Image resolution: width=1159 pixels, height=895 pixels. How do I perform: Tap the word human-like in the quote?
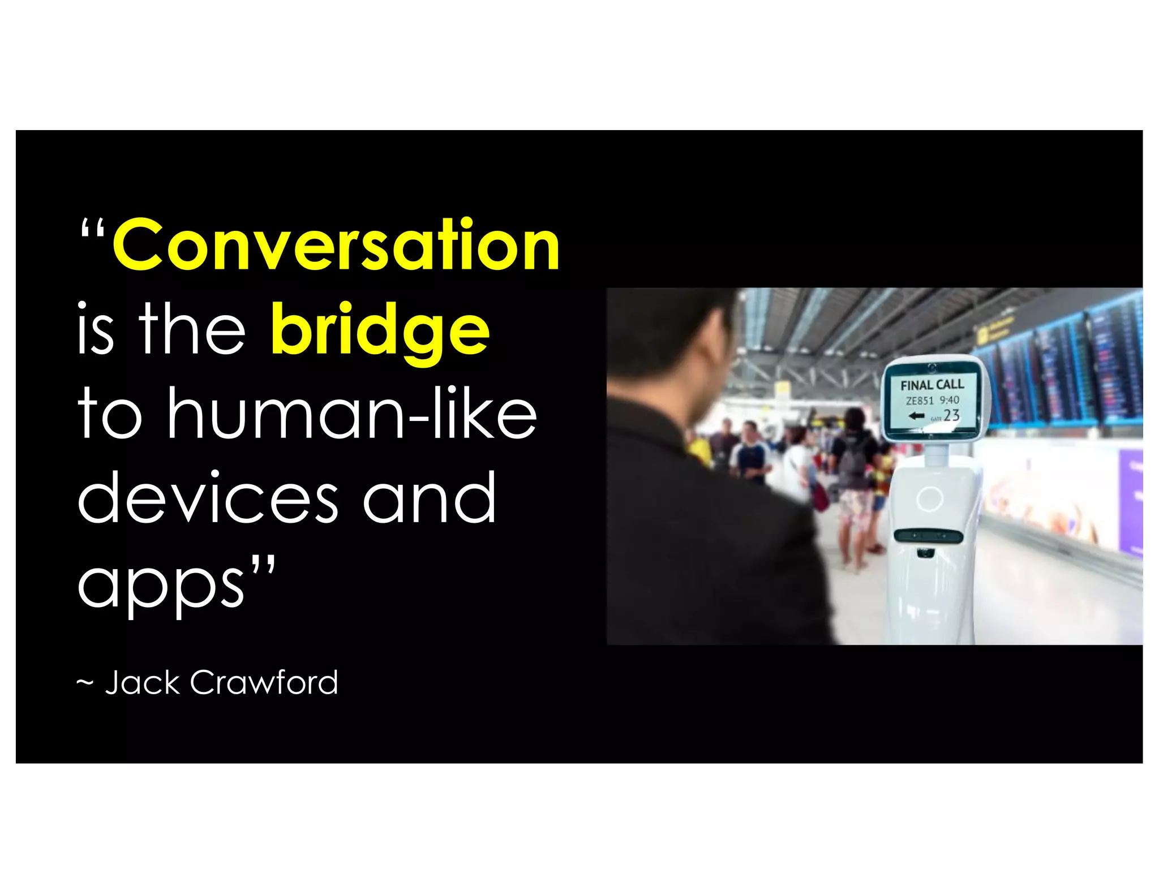tap(351, 414)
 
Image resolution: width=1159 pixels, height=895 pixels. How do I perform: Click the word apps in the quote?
tap(161, 586)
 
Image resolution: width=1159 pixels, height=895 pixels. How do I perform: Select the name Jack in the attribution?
tap(142, 682)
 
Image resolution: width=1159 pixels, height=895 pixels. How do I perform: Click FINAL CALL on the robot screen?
tap(932, 385)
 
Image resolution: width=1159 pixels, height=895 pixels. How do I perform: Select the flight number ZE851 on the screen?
tap(919, 401)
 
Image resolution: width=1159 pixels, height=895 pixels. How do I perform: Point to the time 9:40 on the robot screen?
tap(949, 399)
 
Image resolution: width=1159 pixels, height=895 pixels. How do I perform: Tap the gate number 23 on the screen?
tap(951, 415)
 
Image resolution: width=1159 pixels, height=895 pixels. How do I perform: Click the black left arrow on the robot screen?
tap(916, 416)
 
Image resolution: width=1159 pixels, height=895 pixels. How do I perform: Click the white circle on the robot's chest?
tap(929, 498)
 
